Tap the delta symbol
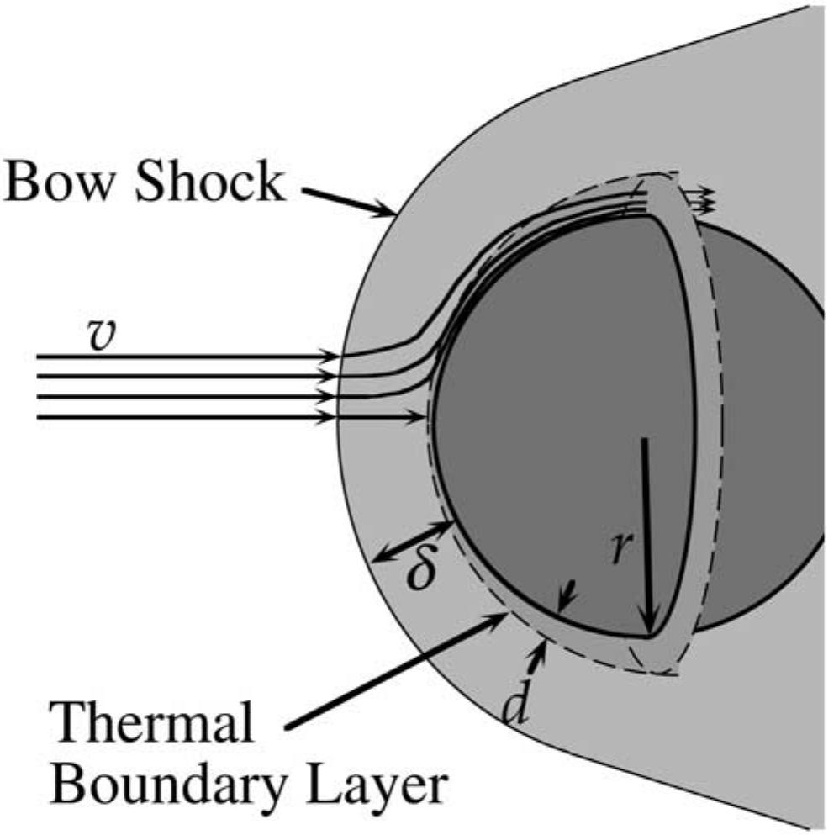pos(421,572)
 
